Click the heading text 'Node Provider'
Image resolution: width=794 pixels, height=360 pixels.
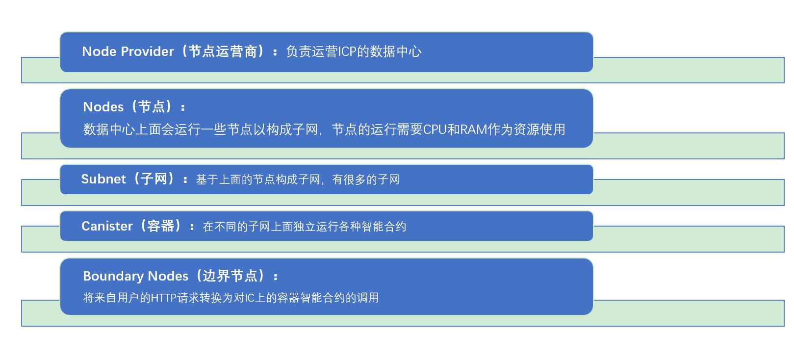pyautogui.click(x=128, y=51)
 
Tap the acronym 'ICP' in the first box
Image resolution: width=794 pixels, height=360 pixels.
pyautogui.click(x=347, y=51)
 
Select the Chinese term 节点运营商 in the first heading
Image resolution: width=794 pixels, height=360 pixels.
pyautogui.click(x=223, y=51)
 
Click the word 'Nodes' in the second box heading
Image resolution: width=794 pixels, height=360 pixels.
pyautogui.click(x=103, y=107)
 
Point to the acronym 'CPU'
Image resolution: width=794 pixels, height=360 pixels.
pyautogui.click(x=434, y=129)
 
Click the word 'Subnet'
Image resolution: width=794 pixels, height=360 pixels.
pyautogui.click(x=103, y=179)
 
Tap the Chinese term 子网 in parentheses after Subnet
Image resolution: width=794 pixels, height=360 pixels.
pyautogui.click(x=154, y=179)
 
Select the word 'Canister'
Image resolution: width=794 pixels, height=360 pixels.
pyautogui.click(x=107, y=226)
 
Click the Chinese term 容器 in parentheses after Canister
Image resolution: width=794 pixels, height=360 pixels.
pyautogui.click(x=161, y=226)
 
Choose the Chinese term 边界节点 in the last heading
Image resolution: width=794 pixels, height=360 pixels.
pyautogui.click(x=230, y=276)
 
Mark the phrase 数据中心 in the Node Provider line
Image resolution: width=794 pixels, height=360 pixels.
pyautogui.click(x=395, y=51)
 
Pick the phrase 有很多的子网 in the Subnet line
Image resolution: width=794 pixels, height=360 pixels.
pyautogui.click(x=366, y=180)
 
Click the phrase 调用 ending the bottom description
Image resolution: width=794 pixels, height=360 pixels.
pyautogui.click(x=367, y=298)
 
